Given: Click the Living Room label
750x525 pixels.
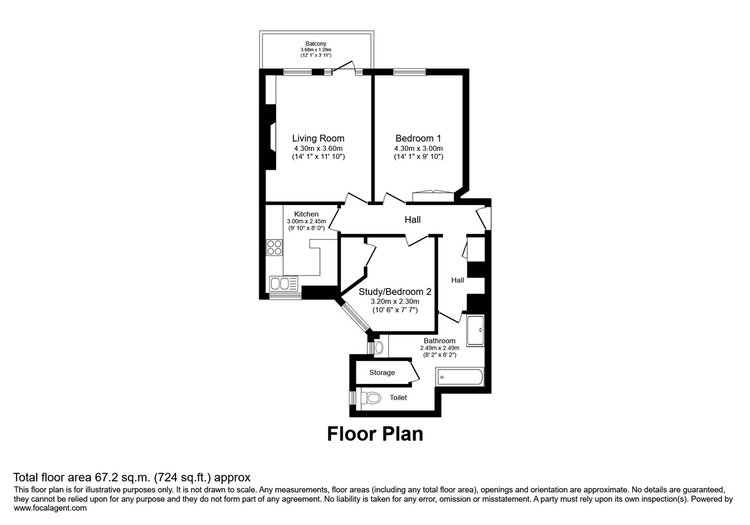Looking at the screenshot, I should click(318, 138).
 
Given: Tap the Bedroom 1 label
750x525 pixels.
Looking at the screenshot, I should click(418, 138).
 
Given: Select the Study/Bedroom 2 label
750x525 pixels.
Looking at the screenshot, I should click(395, 292).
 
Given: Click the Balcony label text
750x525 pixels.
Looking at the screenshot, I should click(316, 44).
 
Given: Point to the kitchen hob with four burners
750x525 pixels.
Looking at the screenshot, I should click(274, 248).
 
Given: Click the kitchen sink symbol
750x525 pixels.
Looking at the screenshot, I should click(283, 284).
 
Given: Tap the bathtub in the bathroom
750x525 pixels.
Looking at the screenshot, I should click(459, 377).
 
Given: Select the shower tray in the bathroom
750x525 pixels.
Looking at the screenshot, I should click(475, 330).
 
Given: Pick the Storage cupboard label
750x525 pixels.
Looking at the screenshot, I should click(382, 372).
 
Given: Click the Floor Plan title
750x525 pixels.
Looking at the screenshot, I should click(375, 434).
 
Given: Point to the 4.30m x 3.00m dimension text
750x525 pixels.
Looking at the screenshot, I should click(418, 148).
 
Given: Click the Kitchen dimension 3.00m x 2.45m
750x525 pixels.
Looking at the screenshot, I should click(306, 221).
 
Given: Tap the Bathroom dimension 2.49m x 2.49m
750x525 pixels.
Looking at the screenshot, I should click(440, 348).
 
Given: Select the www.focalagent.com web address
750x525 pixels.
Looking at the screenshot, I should click(50, 508).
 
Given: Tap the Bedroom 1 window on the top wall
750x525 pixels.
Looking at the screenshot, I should click(409, 71).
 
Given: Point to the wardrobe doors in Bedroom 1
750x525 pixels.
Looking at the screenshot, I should click(433, 192).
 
